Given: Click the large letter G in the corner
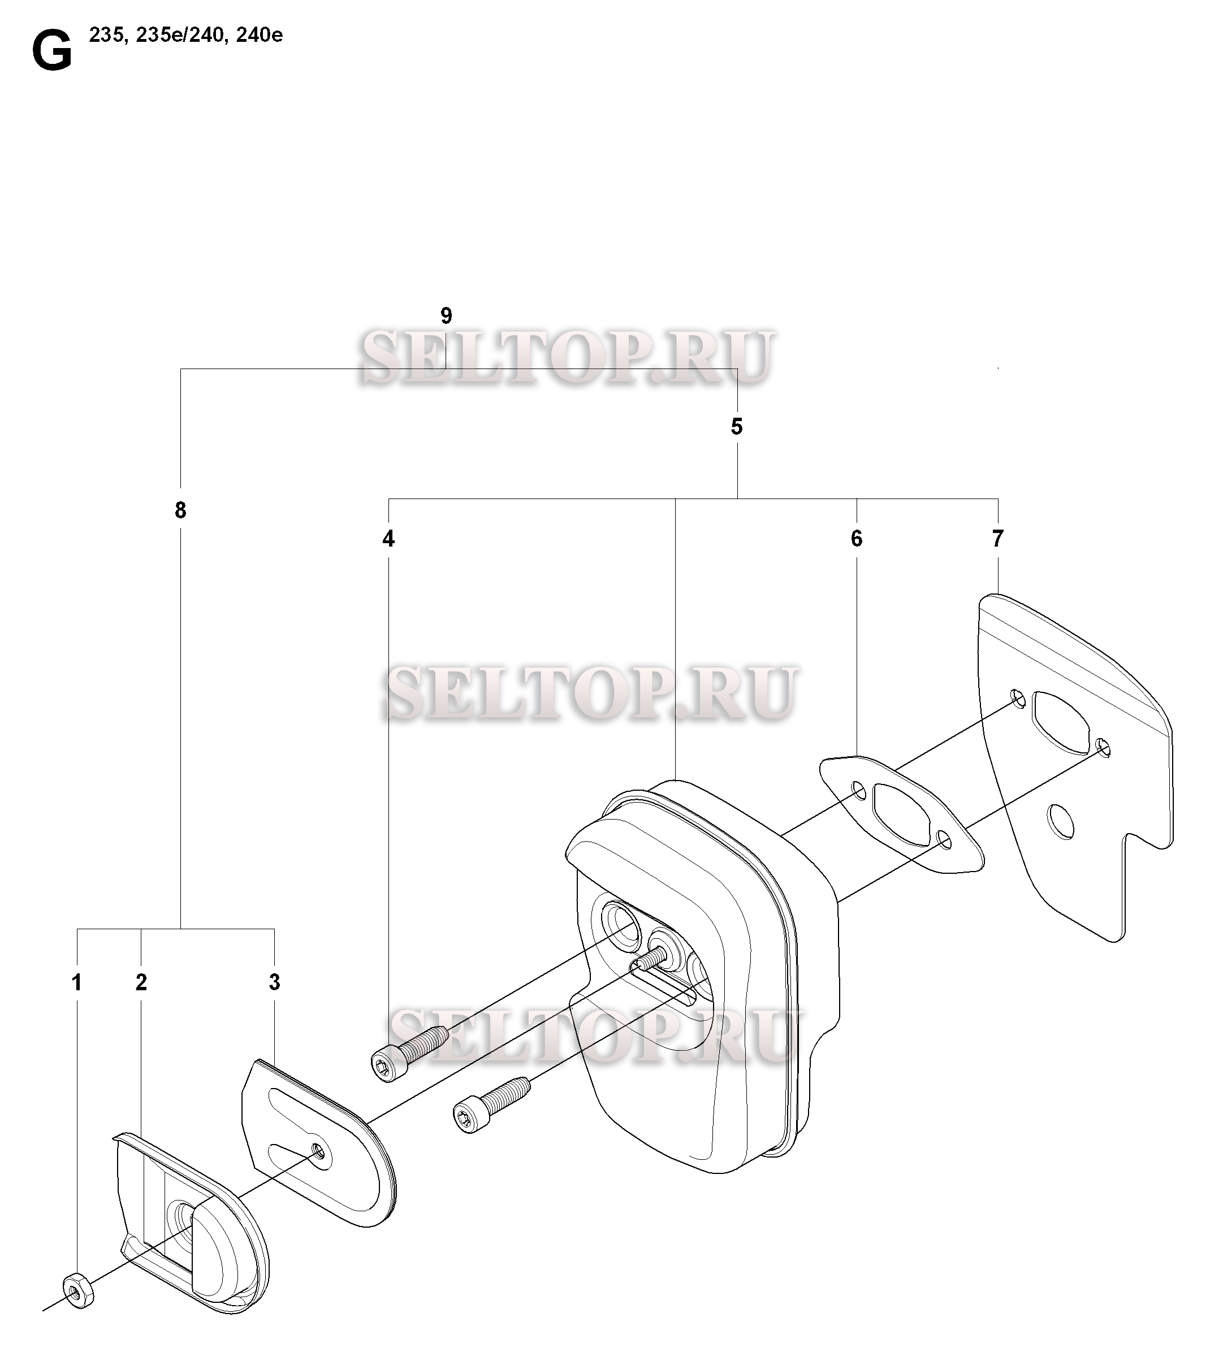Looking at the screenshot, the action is [52, 53].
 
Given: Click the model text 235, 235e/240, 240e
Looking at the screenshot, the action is [185, 35].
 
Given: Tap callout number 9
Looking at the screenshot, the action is [446, 316].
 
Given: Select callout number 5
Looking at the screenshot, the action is [737, 427].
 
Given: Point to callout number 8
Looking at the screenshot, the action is [180, 510].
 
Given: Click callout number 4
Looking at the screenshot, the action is [388, 539].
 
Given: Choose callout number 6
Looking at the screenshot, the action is [856, 539].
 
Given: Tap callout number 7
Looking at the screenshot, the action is [997, 539].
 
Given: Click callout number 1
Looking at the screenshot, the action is [77, 982].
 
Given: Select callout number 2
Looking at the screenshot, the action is [141, 982].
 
